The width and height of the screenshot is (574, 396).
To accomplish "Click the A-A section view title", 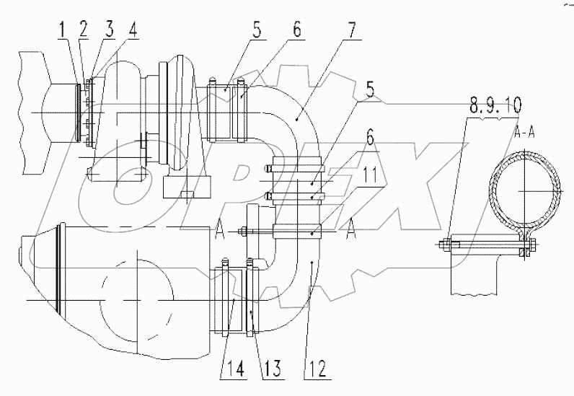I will click(x=524, y=133).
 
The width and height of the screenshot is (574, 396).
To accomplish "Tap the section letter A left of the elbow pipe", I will click(x=218, y=228).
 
